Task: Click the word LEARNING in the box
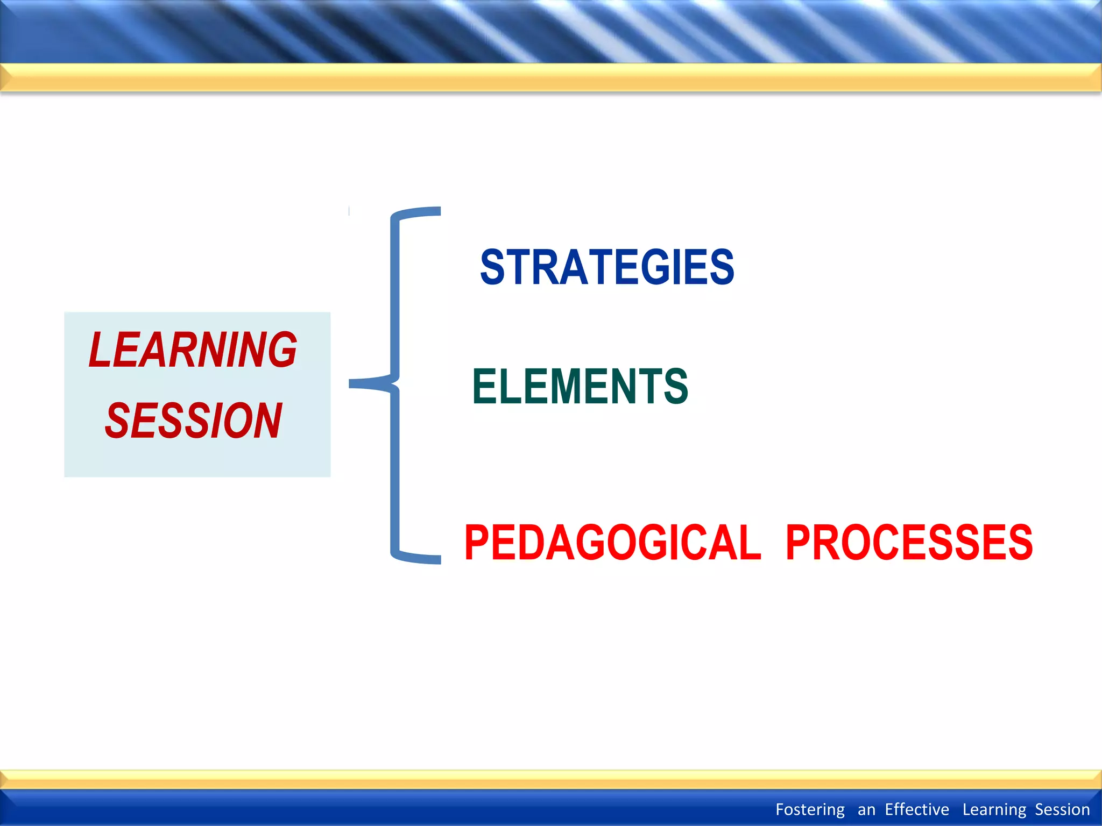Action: click(193, 350)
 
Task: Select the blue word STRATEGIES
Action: click(607, 267)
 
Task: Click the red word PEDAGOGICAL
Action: click(612, 543)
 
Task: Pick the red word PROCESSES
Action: click(909, 543)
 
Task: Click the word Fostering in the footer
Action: click(810, 809)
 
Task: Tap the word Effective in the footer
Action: click(917, 809)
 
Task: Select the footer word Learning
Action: click(994, 809)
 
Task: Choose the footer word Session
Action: click(1062, 809)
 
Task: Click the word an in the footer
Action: click(866, 809)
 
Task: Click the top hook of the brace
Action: click(425, 212)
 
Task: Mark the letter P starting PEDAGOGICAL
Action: click(477, 543)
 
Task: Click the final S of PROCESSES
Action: click(1020, 543)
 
